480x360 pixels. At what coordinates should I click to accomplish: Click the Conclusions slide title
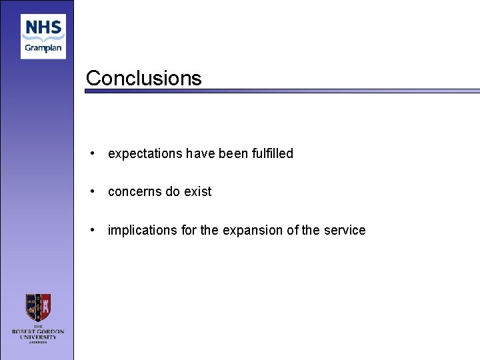point(143,78)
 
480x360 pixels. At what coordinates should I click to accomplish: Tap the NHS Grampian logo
point(43,36)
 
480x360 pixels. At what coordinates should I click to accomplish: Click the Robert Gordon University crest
point(38,308)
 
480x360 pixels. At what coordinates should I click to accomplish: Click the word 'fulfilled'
point(272,153)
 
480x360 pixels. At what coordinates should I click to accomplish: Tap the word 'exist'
point(198,192)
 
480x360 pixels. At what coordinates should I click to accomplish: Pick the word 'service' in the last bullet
point(344,230)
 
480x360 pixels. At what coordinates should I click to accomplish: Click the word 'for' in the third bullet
point(189,230)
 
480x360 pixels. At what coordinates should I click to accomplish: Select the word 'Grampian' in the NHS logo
point(43,48)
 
